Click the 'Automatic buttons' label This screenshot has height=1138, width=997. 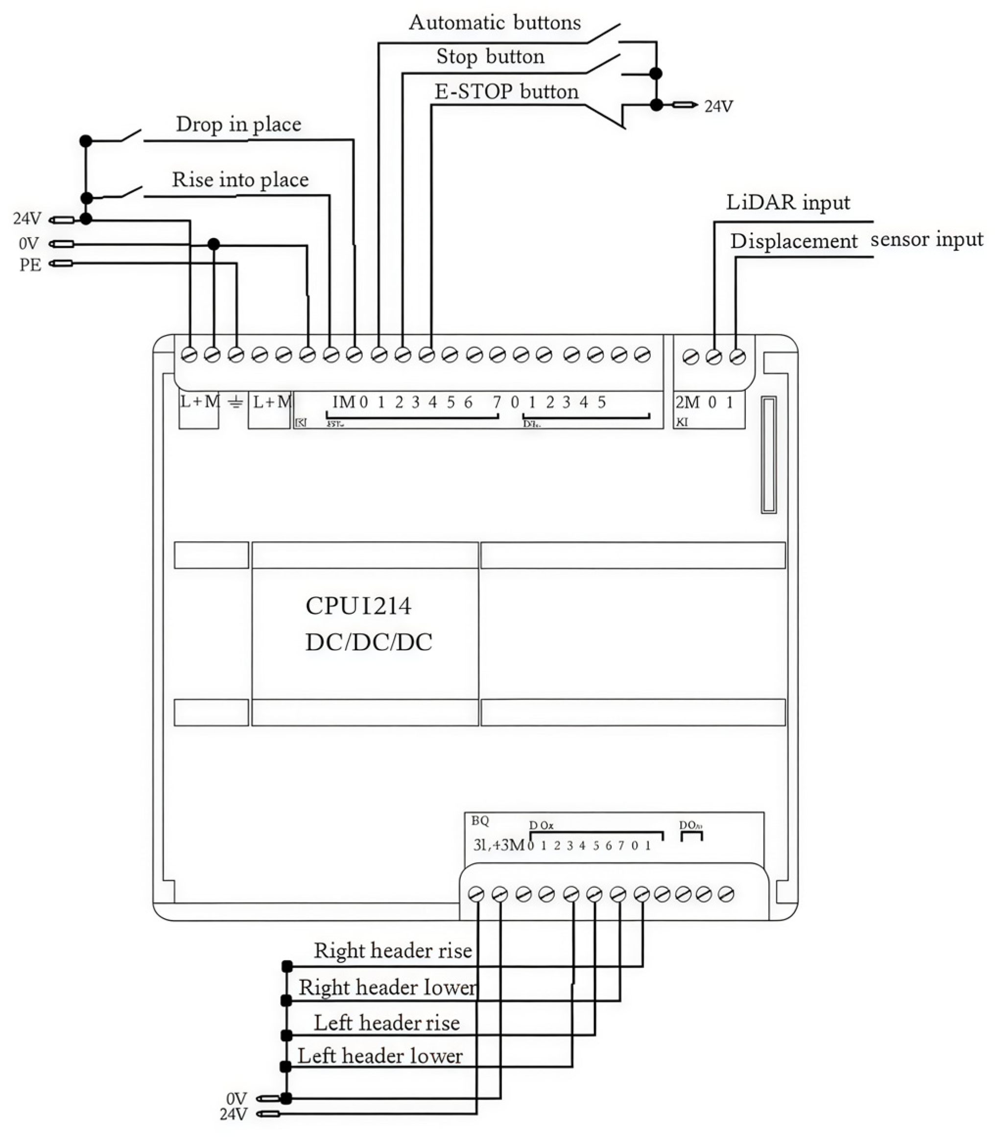[494, 23]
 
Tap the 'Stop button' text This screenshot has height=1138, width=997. [490, 57]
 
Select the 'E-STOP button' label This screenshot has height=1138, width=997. [506, 92]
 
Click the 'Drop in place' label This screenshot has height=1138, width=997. [238, 124]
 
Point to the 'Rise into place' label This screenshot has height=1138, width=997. [240, 180]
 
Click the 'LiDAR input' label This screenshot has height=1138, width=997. [787, 202]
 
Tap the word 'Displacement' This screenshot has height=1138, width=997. [793, 242]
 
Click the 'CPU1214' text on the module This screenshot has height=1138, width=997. [358, 606]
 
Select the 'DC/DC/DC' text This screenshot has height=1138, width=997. [368, 642]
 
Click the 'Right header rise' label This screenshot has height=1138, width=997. [392, 950]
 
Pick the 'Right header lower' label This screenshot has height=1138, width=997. [387, 987]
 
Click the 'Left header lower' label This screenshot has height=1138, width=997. [380, 1056]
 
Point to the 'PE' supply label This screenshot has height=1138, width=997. [30, 265]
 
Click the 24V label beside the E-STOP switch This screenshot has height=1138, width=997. [718, 106]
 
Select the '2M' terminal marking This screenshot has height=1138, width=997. [687, 402]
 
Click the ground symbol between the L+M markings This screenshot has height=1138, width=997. [236, 402]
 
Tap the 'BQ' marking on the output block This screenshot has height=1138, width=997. [479, 821]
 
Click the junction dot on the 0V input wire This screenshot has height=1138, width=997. [214, 244]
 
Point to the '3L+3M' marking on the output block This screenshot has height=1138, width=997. [498, 845]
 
